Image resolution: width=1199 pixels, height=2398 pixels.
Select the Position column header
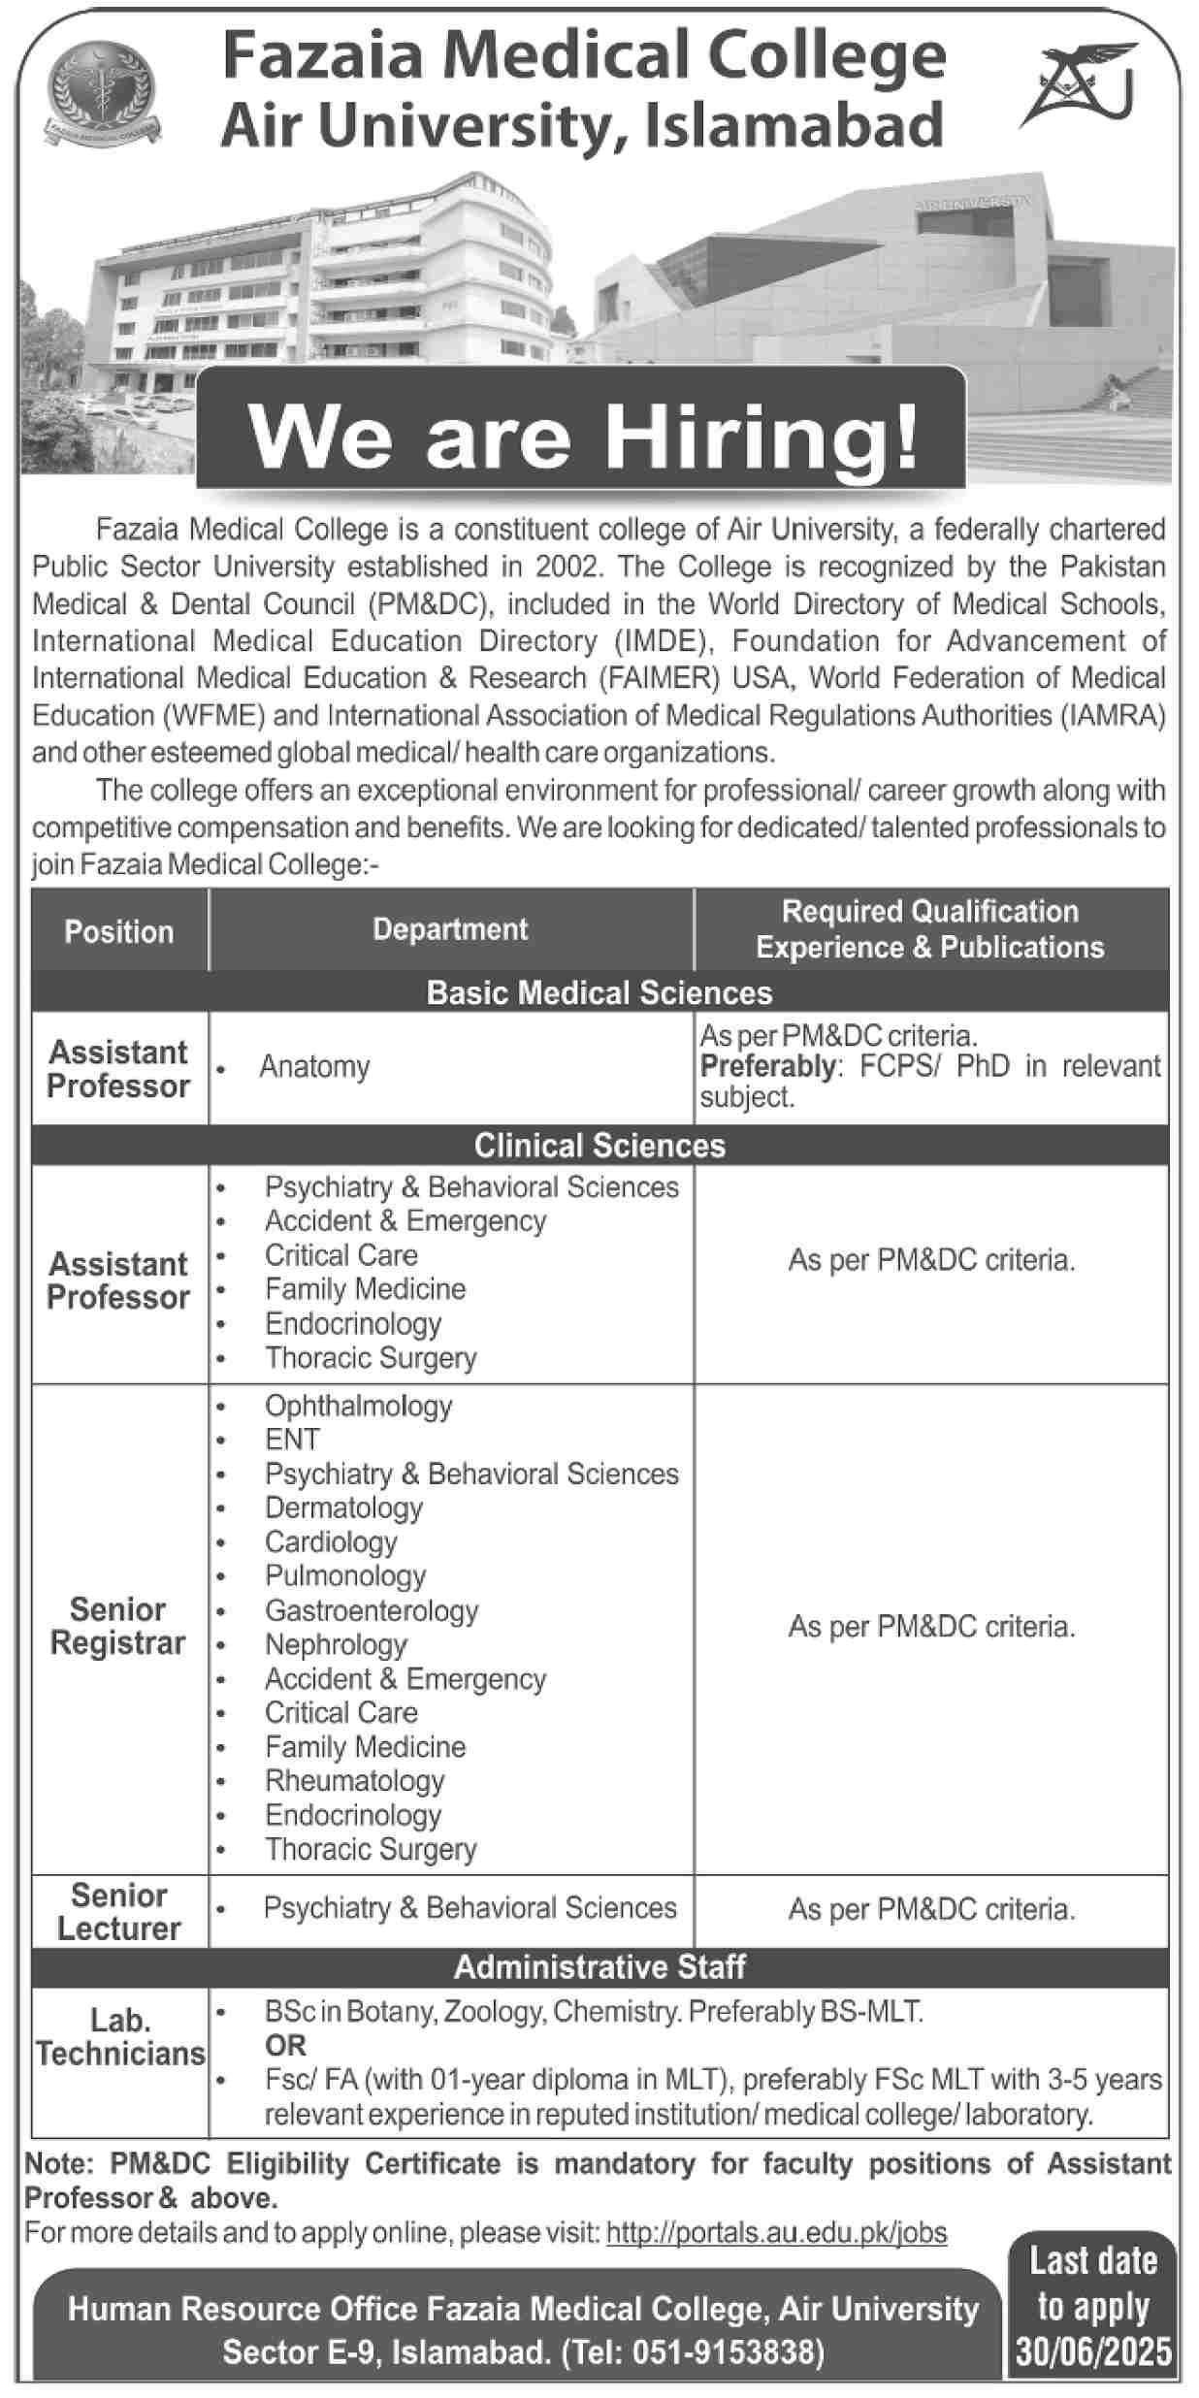click(119, 931)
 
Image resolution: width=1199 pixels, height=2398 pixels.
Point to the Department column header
click(450, 929)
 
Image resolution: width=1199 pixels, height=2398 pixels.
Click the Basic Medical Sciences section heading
click(599, 992)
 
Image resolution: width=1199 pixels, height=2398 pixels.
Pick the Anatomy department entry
click(314, 1067)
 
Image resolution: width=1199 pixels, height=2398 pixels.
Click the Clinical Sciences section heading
click(599, 1146)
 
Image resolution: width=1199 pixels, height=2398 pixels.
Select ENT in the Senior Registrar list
click(292, 1440)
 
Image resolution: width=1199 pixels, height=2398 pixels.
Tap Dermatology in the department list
click(343, 1507)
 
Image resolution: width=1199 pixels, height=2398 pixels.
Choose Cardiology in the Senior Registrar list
click(331, 1541)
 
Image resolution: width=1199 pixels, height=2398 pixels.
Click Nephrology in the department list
click(336, 1644)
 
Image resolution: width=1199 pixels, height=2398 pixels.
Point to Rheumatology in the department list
click(354, 1781)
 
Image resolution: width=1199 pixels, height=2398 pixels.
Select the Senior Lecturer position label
click(118, 1912)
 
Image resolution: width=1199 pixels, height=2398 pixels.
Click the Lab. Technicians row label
click(120, 2038)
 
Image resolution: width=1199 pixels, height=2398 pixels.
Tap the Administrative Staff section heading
click(599, 1967)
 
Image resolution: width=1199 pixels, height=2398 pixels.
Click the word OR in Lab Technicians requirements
click(285, 2046)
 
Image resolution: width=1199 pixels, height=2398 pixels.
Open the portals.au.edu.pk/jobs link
click(776, 2234)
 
